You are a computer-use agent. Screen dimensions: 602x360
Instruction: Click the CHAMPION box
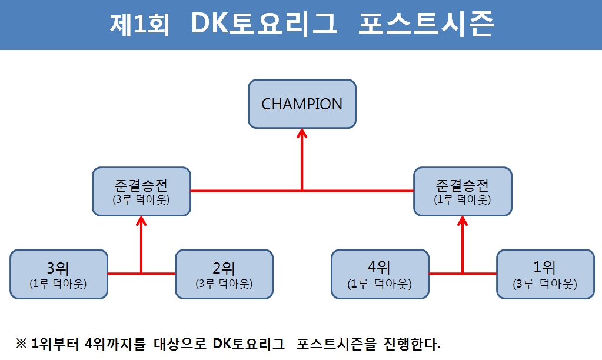coord(302,104)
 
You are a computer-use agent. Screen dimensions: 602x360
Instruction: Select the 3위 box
coord(59,274)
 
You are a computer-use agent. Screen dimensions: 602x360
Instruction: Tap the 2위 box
coord(224,274)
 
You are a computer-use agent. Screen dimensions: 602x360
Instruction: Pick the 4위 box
coord(380,274)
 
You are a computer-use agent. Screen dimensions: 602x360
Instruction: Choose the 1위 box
coord(546,274)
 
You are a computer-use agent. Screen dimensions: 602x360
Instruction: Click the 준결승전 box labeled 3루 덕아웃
coord(142,192)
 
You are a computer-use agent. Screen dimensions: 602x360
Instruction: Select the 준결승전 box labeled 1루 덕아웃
coord(463,192)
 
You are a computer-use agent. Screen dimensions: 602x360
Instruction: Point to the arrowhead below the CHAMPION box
coord(302,133)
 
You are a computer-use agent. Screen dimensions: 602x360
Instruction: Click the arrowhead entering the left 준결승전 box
coord(142,221)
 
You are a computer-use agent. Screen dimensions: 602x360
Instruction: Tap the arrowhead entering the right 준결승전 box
coord(463,221)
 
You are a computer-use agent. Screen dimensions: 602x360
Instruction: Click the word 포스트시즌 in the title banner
coord(426,24)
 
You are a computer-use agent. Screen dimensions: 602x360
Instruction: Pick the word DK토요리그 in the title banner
coord(264,24)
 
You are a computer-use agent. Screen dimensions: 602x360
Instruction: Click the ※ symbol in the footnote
coord(21,344)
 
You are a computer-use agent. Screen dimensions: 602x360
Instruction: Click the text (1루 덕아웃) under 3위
coord(58,284)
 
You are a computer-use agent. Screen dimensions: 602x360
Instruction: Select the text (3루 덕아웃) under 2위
coord(224,284)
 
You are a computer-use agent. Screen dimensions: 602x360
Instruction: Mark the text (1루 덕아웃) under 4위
coord(380,284)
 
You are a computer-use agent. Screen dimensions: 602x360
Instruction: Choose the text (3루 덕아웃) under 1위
coord(545,284)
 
